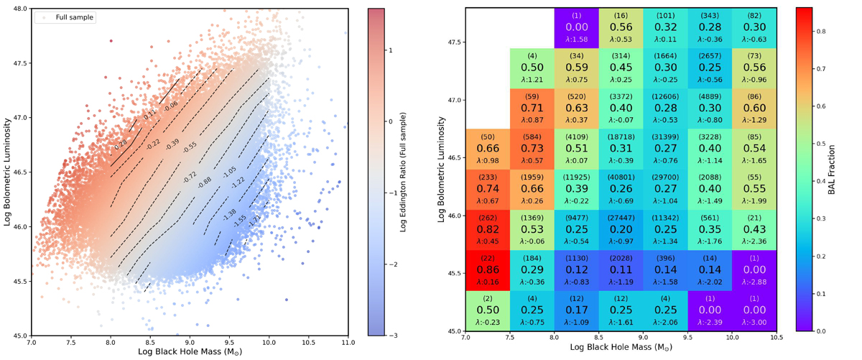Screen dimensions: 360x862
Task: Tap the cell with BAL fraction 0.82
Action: (x=488, y=229)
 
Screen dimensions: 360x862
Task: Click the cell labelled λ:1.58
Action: (x=577, y=29)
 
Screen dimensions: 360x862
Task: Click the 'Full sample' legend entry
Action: (x=71, y=17)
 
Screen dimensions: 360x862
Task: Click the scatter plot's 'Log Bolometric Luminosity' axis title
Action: (x=7, y=172)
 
